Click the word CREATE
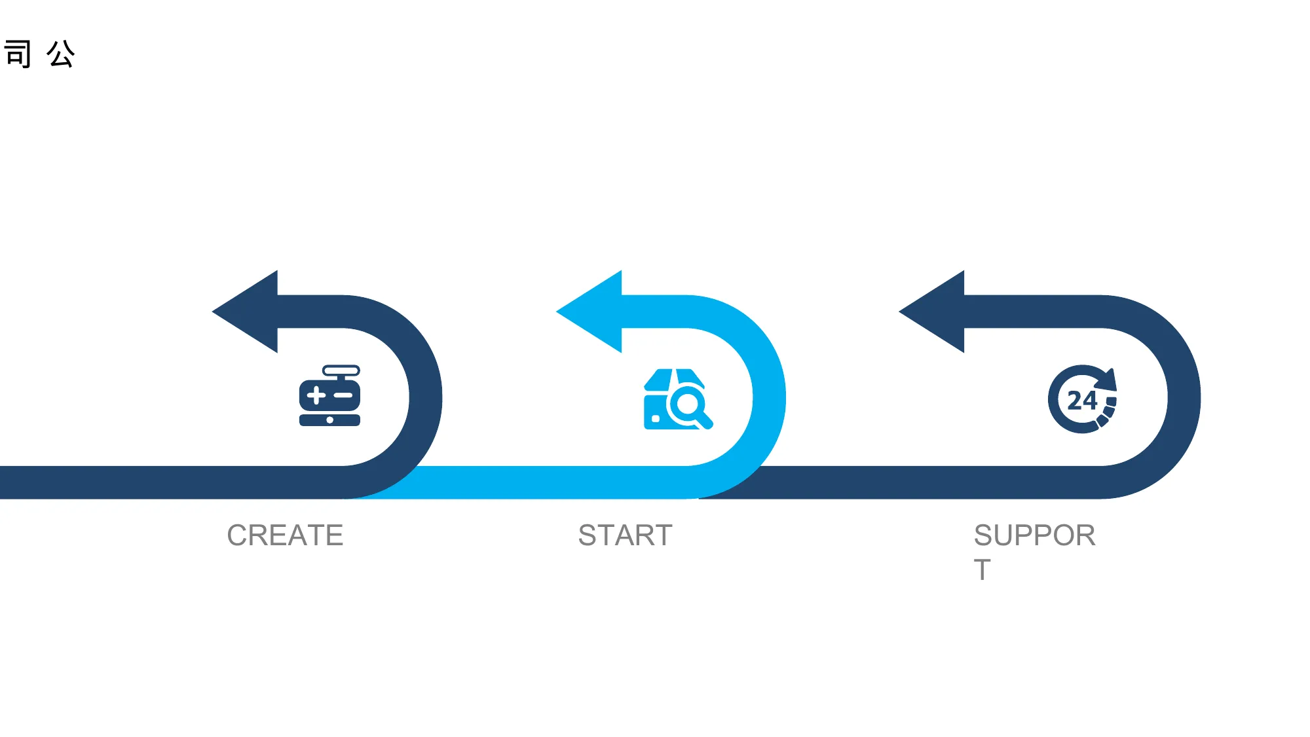(285, 535)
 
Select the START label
(626, 535)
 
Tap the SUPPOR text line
(1034, 535)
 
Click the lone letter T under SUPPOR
(982, 570)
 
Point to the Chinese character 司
(18, 54)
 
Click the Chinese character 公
(61, 54)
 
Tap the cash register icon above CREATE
(329, 396)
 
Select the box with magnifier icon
(678, 399)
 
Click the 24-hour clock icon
(1082, 399)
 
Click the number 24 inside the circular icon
(1081, 401)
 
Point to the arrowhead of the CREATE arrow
(245, 312)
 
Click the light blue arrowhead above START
(589, 312)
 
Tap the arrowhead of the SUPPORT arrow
(931, 312)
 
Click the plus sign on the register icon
(316, 395)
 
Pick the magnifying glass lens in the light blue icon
(688, 404)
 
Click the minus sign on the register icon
(343, 395)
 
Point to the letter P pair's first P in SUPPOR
(1025, 535)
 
